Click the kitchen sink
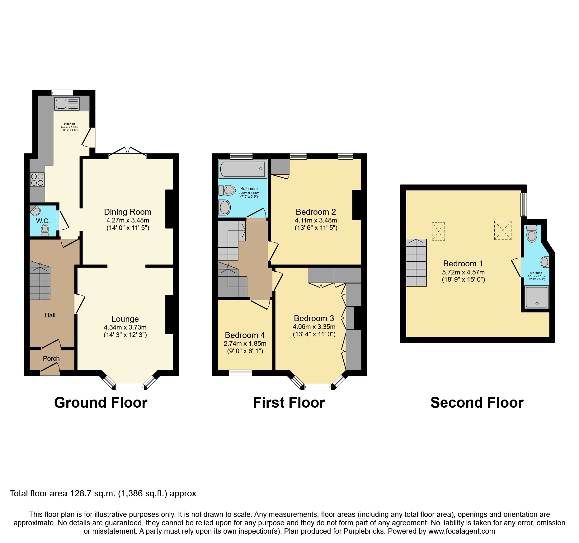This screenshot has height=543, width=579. (x=67, y=104)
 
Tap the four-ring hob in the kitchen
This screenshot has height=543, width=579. (x=37, y=180)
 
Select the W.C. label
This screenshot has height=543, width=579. (x=43, y=221)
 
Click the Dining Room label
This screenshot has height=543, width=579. (x=128, y=212)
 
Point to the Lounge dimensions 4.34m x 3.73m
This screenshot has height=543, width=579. (x=125, y=327)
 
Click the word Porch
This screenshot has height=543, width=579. (x=51, y=358)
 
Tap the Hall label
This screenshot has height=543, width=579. (x=50, y=315)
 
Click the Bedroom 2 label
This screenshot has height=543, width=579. (x=316, y=212)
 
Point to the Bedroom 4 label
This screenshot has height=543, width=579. (x=245, y=335)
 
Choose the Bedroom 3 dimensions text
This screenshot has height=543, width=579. (x=314, y=331)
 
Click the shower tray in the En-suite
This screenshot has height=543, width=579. (x=536, y=297)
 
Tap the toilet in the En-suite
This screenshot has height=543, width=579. (x=532, y=234)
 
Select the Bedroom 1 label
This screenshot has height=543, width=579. (x=463, y=264)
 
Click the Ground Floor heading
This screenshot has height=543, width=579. (x=101, y=403)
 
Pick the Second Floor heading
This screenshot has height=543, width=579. (x=477, y=403)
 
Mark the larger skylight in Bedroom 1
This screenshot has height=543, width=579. (x=502, y=230)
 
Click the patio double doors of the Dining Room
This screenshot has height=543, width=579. (x=128, y=151)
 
